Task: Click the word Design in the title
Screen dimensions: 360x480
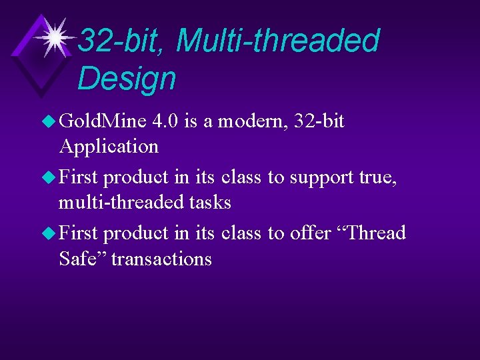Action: (x=127, y=78)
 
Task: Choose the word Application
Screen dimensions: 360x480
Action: (x=109, y=146)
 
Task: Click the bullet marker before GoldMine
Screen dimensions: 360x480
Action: (x=51, y=121)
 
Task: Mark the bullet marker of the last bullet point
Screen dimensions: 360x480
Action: (x=51, y=233)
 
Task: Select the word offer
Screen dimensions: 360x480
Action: (x=311, y=233)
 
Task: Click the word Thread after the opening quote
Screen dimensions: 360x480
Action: (x=373, y=233)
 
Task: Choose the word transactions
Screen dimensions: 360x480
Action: (x=161, y=258)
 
